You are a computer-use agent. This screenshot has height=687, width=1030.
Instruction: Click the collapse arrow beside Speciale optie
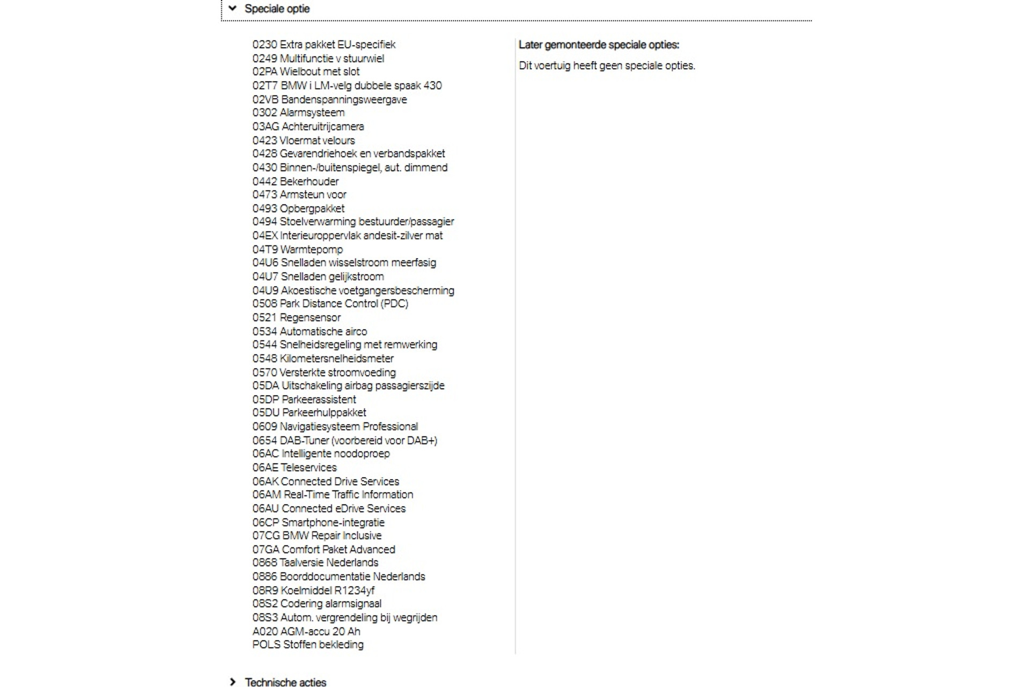pyautogui.click(x=232, y=8)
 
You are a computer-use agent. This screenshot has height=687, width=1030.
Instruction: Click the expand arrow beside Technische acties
pyautogui.click(x=232, y=682)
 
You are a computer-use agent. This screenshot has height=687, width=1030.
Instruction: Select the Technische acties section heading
pyautogui.click(x=285, y=682)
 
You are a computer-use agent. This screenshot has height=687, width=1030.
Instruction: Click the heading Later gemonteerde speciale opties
pyautogui.click(x=599, y=45)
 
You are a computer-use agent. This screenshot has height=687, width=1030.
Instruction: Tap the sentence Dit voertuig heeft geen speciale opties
pyautogui.click(x=607, y=65)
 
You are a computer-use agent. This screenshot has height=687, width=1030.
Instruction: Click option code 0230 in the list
pyautogui.click(x=264, y=45)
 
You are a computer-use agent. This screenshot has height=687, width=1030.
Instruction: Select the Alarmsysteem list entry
pyautogui.click(x=313, y=113)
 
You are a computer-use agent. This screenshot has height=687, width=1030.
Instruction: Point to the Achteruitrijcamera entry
pyautogui.click(x=322, y=127)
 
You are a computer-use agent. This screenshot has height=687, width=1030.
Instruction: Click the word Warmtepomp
pyautogui.click(x=312, y=250)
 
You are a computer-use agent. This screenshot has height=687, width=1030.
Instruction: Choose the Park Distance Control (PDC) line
pyautogui.click(x=343, y=304)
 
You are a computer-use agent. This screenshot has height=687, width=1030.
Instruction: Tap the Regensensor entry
pyautogui.click(x=310, y=318)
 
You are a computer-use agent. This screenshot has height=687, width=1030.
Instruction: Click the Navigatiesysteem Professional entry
pyautogui.click(x=349, y=427)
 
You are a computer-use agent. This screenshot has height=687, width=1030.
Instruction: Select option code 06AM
pyautogui.click(x=267, y=495)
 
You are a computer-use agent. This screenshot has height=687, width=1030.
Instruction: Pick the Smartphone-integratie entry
pyautogui.click(x=333, y=522)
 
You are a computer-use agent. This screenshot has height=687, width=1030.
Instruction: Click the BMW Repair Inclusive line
pyautogui.click(x=332, y=536)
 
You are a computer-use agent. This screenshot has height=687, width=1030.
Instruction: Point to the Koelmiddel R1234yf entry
pyautogui.click(x=327, y=590)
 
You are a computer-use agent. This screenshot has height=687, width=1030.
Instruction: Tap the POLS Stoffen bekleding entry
pyautogui.click(x=308, y=645)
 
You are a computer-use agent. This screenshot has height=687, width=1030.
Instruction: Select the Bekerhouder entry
pyautogui.click(x=310, y=181)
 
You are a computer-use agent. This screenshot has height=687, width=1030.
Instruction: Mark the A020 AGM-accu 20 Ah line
pyautogui.click(x=306, y=631)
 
